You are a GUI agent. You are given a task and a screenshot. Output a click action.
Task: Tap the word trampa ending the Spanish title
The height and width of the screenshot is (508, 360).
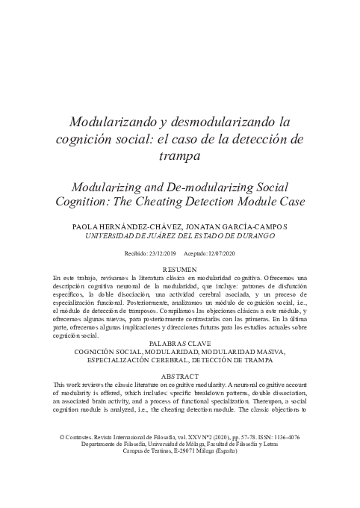click(x=179, y=155)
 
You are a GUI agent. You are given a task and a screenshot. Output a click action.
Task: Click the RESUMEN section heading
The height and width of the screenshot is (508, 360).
click(x=180, y=268)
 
